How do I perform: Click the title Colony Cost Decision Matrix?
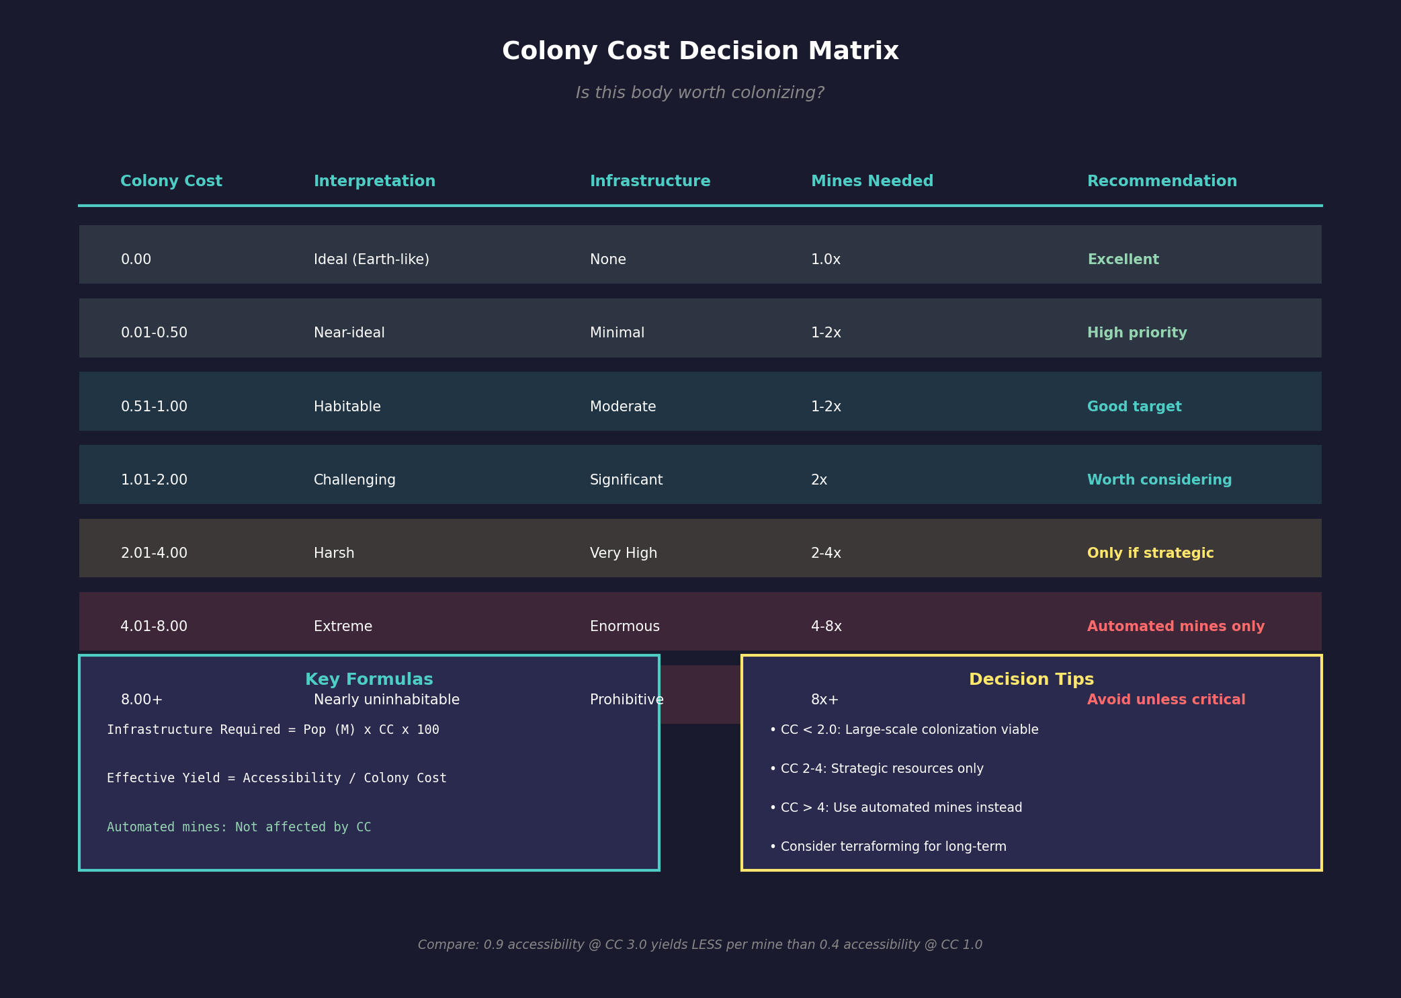(700, 52)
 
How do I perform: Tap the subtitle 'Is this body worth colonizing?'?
(700, 93)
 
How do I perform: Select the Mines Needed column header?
(872, 181)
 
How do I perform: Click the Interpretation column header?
(374, 181)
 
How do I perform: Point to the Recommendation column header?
(1162, 181)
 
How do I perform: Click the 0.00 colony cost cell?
(136, 259)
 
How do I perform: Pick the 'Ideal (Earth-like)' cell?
(371, 259)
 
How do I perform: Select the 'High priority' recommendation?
(1137, 333)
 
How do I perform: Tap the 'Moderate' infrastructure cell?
(623, 407)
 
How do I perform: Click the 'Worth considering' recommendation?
(1159, 480)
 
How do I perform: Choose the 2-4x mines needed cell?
(826, 553)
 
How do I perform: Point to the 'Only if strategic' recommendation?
(1150, 553)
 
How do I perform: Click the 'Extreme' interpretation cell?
(343, 626)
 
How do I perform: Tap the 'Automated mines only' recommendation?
(1175, 626)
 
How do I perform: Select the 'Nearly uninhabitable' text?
(386, 700)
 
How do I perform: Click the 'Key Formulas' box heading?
(369, 679)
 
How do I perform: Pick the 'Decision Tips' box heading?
(1031, 679)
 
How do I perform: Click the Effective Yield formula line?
(276, 778)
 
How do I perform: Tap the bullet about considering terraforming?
(888, 847)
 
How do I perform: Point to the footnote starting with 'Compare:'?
(700, 945)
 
